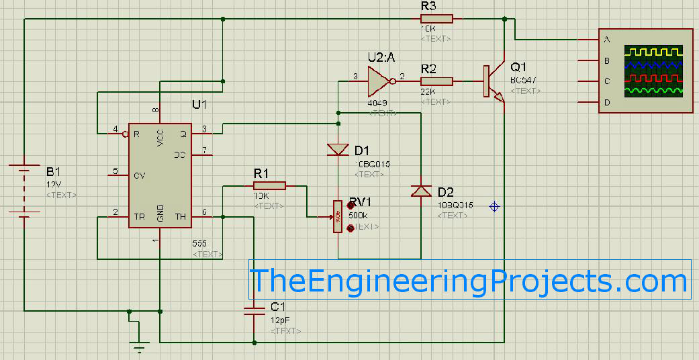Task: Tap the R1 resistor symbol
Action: coord(270,185)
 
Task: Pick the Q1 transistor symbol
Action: coord(493,82)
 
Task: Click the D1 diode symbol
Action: coord(338,149)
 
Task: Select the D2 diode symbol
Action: coord(420,191)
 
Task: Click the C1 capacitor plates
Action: coord(254,310)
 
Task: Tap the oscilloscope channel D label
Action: coord(607,102)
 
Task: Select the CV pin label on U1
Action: coord(139,175)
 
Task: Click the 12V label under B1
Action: coord(54,185)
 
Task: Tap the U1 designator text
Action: coord(200,105)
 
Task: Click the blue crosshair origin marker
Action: coord(494,206)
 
